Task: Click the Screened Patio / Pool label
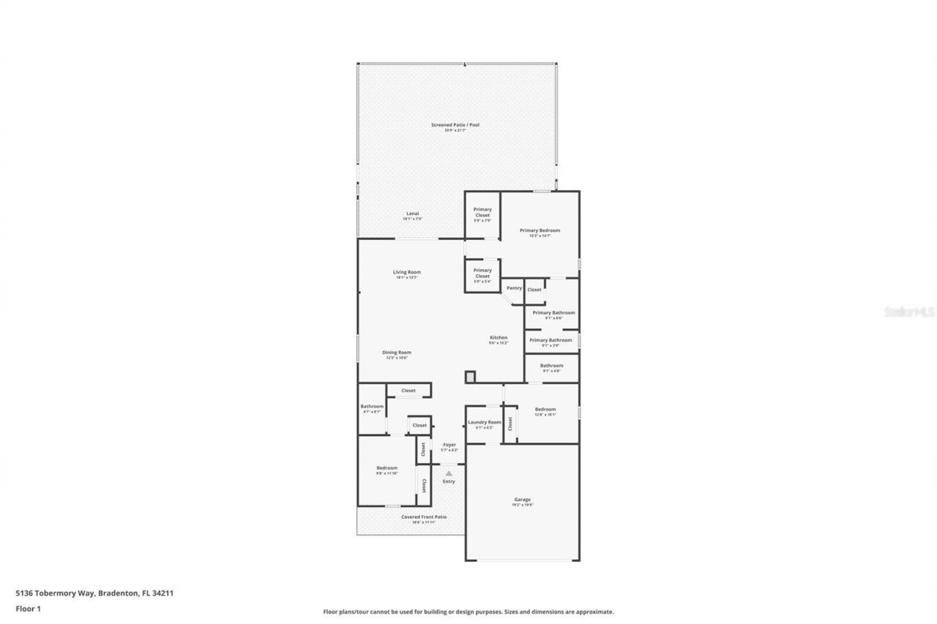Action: coord(455,125)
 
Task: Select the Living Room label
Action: coord(407,272)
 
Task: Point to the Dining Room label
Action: coord(397,352)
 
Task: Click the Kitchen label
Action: coord(499,338)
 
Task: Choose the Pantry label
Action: coord(514,288)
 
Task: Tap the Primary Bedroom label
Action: coord(540,230)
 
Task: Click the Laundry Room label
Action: coord(484,422)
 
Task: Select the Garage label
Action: coord(522,500)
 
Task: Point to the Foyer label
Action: coord(449,445)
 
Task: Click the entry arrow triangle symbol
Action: coord(449,473)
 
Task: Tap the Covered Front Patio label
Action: coord(423,517)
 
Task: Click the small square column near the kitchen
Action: coord(470,377)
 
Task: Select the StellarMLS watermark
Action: coord(909,312)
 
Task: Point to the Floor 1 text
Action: coord(28,608)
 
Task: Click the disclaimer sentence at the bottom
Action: coord(468,612)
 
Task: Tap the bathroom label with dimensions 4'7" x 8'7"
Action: coord(372,407)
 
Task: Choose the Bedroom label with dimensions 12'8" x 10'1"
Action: coord(545,410)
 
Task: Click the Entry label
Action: coord(449,481)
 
